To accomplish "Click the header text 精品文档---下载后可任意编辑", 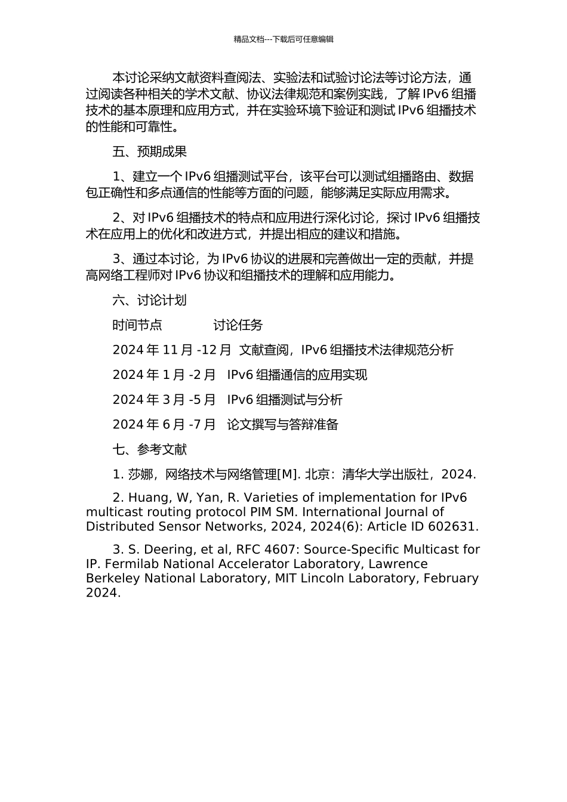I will pyautogui.click(x=283, y=39).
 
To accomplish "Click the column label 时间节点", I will pyautogui.click(x=137, y=325).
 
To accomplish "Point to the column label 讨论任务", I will pyautogui.click(x=238, y=325).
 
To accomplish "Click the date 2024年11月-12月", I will pyautogui.click(x=171, y=350).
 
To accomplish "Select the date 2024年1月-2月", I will pyautogui.click(x=164, y=375).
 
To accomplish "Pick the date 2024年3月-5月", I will pyautogui.click(x=164, y=400).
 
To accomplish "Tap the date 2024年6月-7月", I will pyautogui.click(x=164, y=425).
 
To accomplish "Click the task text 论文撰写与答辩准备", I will pyautogui.click(x=282, y=425).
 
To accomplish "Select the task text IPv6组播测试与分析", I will pyautogui.click(x=285, y=400).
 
